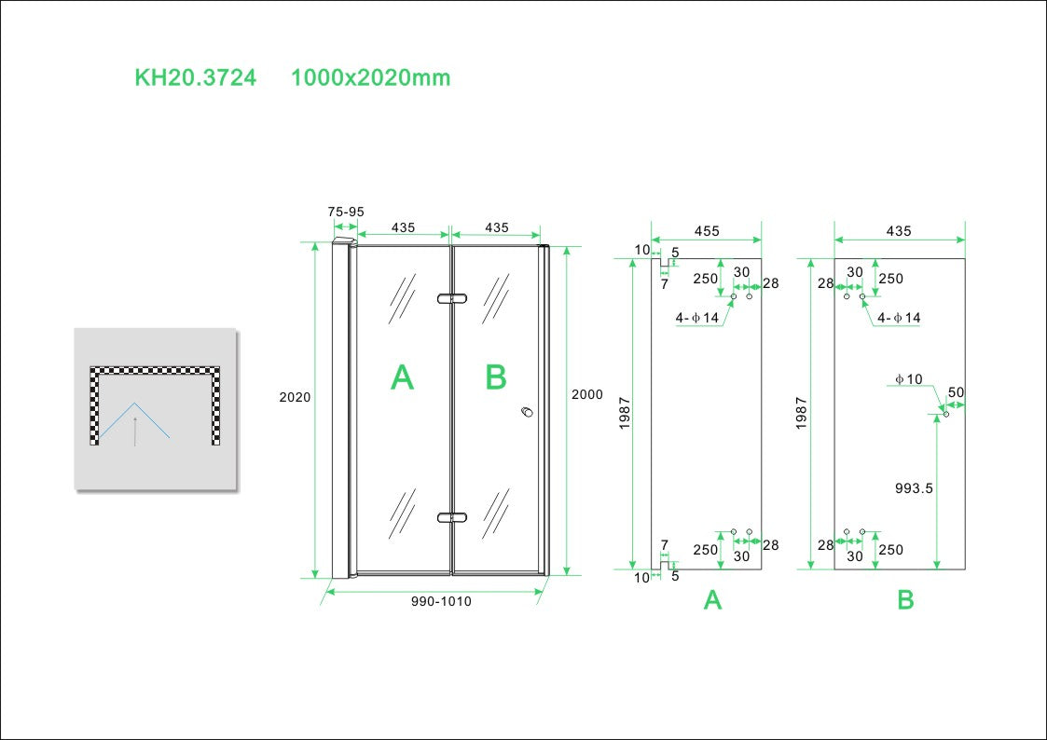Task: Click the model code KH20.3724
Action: [195, 77]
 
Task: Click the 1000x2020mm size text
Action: [370, 77]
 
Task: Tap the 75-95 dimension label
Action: [346, 212]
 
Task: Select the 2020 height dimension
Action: [295, 397]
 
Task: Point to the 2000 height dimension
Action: [587, 394]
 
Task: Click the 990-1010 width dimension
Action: [441, 601]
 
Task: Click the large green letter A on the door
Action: [402, 377]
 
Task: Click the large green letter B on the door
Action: [496, 377]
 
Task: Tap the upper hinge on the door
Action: [451, 299]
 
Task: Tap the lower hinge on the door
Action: [451, 517]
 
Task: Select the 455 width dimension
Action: [707, 231]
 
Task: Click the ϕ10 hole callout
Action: [908, 378]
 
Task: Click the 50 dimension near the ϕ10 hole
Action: [955, 392]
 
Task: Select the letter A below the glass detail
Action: [712, 601]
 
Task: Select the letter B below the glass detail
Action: [905, 601]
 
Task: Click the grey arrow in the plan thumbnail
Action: [134, 432]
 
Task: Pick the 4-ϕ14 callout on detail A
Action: [697, 318]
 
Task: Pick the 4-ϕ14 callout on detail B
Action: [899, 318]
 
